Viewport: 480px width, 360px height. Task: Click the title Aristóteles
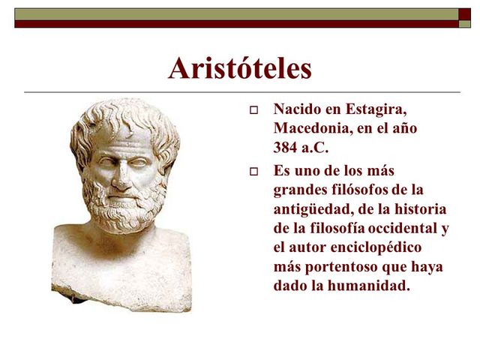240,69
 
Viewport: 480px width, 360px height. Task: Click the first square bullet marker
253,111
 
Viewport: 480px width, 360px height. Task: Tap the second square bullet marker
253,172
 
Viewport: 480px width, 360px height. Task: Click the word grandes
298,190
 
